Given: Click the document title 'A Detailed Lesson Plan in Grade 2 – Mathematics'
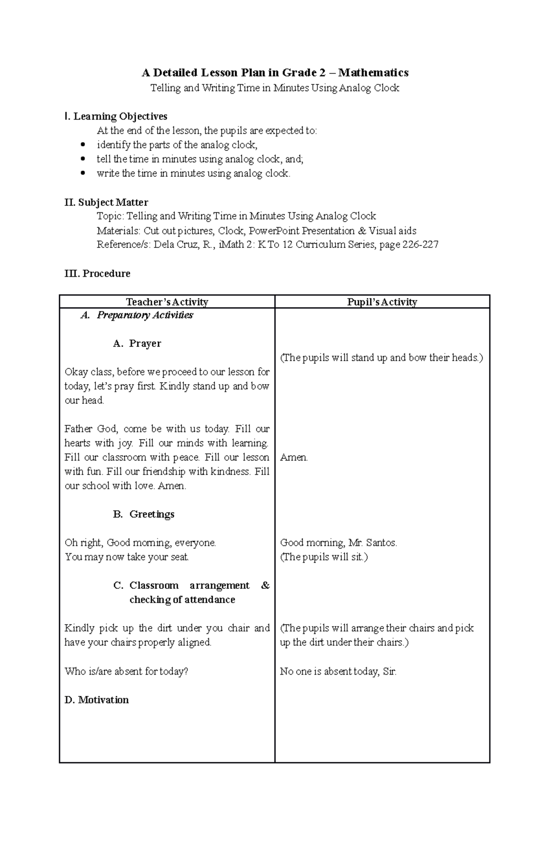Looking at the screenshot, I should (275, 72).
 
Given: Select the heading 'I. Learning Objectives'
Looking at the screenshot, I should (116, 116).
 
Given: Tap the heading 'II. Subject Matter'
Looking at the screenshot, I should (106, 202).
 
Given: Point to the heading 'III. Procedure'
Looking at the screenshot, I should (97, 274).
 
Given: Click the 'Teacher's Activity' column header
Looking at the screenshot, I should (167, 302).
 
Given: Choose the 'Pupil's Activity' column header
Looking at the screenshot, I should (382, 302).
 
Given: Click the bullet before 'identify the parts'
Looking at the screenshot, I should (82, 145).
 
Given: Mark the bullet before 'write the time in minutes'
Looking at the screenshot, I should (82, 173).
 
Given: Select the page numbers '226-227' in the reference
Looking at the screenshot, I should (420, 244).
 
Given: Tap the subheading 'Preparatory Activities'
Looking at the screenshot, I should (145, 315).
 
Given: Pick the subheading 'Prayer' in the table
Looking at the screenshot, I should (145, 344).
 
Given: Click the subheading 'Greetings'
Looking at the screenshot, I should (152, 514).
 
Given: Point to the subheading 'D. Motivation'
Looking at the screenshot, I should (97, 700).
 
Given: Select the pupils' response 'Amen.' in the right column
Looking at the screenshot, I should (294, 457).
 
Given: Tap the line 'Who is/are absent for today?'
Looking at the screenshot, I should (126, 671).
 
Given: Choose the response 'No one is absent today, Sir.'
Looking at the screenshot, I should (338, 671).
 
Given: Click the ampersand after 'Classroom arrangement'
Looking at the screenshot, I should (265, 585).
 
